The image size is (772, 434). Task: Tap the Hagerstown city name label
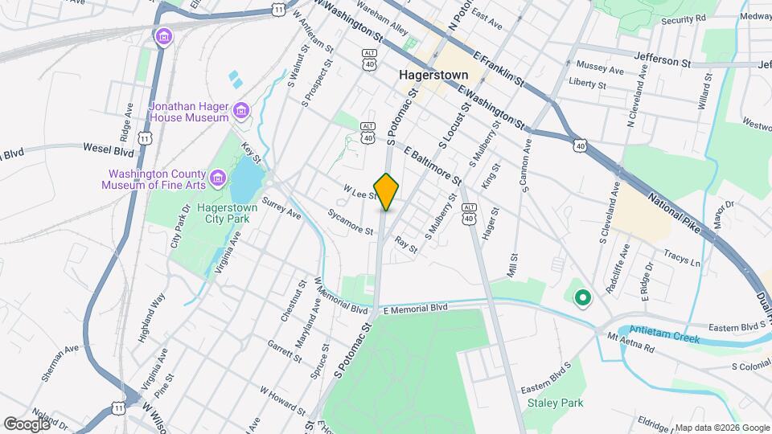click(x=433, y=75)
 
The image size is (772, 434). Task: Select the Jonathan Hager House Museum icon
click(x=240, y=111)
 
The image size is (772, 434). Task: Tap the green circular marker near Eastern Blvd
click(x=582, y=298)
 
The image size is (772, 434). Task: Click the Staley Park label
click(x=555, y=403)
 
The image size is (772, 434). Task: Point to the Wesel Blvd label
click(x=108, y=149)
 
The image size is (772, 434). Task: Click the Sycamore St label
click(x=350, y=222)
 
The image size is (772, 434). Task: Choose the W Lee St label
click(x=360, y=193)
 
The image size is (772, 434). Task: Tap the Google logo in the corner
click(x=27, y=424)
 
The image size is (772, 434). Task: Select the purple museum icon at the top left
click(x=164, y=37)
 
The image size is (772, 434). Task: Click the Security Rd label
click(x=683, y=18)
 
